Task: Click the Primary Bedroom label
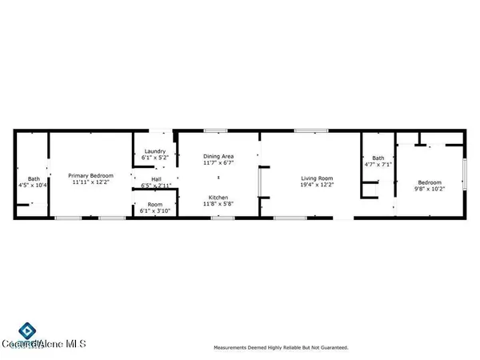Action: pos(90,175)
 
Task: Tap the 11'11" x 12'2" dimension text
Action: pos(90,182)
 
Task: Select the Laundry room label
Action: pos(154,151)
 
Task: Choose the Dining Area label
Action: pos(217,157)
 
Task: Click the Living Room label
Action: pos(316,178)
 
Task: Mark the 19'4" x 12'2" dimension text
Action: pos(316,184)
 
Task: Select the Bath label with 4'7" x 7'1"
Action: pos(378,158)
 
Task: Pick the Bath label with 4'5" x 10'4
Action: pos(34,178)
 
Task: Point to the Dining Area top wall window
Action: pos(214,130)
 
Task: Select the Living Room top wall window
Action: pos(305,130)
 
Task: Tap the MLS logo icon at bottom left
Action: pos(26,330)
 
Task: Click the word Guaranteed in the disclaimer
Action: pos(330,347)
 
